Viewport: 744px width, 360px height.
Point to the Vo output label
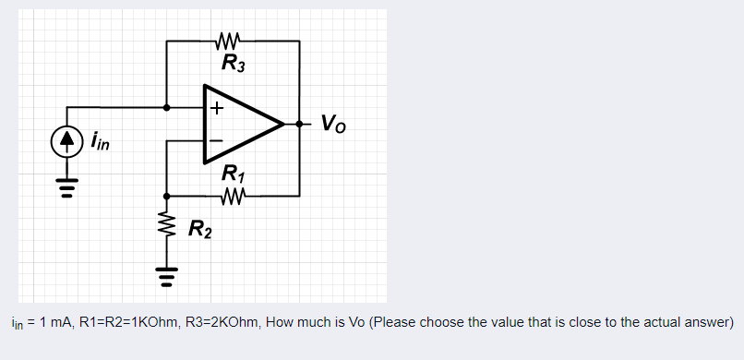pyautogui.click(x=334, y=122)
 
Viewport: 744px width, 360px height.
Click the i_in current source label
pyautogui.click(x=99, y=142)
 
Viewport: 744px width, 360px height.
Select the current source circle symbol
pyautogui.click(x=66, y=141)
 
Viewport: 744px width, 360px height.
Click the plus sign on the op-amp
pyautogui.click(x=216, y=107)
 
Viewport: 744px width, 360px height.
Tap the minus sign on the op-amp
pyautogui.click(x=216, y=140)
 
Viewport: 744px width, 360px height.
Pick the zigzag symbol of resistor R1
pyautogui.click(x=232, y=195)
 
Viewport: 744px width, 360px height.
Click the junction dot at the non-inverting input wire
pyautogui.click(x=167, y=107)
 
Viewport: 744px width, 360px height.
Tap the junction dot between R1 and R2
pyautogui.click(x=167, y=196)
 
